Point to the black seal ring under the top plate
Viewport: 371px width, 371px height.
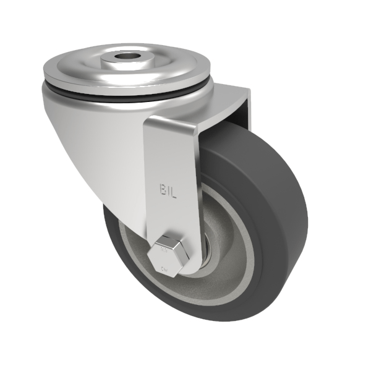pos(124,92)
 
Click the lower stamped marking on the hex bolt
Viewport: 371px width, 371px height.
pos(165,268)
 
